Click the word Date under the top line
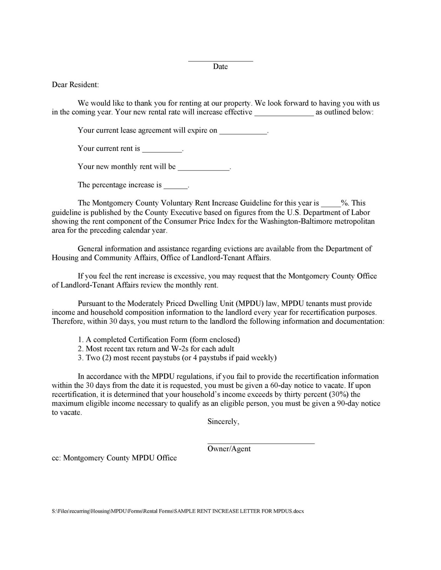point(220,67)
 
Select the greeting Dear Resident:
point(75,85)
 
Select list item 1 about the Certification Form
point(159,339)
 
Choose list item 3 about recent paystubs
point(177,358)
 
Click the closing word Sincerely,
point(223,421)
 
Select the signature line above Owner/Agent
point(261,443)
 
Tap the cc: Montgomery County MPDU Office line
point(114,458)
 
